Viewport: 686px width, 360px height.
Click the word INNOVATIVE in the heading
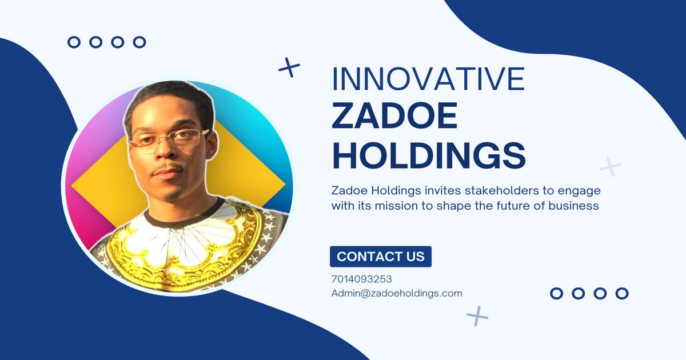pos(428,79)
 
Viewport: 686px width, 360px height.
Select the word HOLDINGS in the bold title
pos(429,155)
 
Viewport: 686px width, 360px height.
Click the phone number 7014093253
pos(361,279)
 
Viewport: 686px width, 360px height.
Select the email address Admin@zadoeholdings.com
pos(397,293)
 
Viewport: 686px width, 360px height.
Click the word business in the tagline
pos(573,205)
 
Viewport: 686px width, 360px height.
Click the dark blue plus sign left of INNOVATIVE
pos(289,67)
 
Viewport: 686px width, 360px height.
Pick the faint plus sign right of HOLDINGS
pos(611,167)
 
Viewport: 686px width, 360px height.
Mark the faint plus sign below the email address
pos(477,316)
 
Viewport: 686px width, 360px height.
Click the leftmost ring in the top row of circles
pos(74,42)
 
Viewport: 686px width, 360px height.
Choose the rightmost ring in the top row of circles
pos(139,42)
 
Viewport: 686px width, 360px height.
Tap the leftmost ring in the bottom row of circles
pos(556,293)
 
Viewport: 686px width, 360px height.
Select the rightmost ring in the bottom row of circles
pos(622,293)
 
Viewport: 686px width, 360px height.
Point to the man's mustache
pos(168,169)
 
